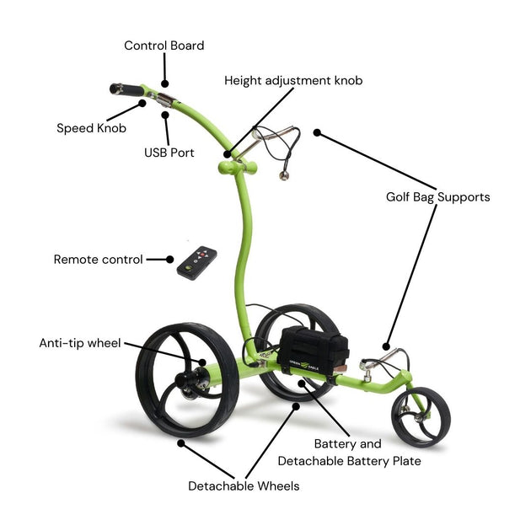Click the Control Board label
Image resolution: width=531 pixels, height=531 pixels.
(x=164, y=46)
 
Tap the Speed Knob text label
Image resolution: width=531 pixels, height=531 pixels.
(x=91, y=128)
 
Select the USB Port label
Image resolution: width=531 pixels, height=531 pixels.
(x=169, y=153)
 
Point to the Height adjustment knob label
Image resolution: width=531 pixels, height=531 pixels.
(x=293, y=81)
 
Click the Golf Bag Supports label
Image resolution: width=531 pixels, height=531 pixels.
(x=437, y=197)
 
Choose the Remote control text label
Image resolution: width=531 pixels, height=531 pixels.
(x=98, y=260)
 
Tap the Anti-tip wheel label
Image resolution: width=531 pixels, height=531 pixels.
(x=80, y=343)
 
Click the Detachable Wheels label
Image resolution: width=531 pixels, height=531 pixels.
(x=243, y=485)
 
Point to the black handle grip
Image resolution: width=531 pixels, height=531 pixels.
(x=126, y=88)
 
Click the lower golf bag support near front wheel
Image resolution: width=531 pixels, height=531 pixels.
(x=379, y=366)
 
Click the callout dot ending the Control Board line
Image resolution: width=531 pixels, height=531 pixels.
(x=165, y=84)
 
